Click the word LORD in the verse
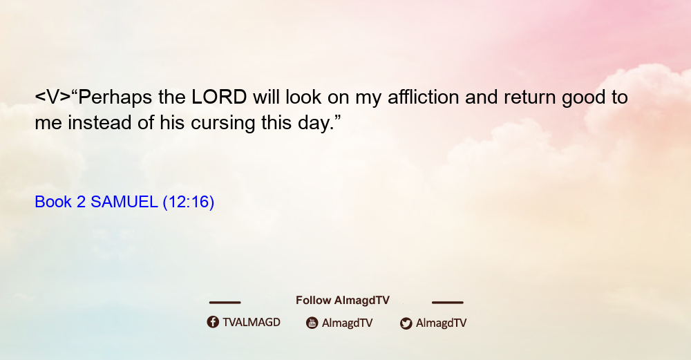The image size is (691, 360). pos(219,97)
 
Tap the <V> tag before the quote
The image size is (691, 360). pos(53,97)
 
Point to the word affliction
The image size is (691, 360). pos(423,97)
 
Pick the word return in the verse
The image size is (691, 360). pos(530,97)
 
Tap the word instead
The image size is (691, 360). pos(100,122)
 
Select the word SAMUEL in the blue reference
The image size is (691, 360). pos(124,202)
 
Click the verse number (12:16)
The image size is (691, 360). pos(189,202)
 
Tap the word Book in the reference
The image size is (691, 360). pos(53,202)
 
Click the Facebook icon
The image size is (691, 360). pos(213,322)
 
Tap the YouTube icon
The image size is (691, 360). pos(312,323)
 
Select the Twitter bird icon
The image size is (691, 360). pos(406,323)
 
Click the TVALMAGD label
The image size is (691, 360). pos(252,322)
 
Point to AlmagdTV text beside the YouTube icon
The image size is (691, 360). pos(348,323)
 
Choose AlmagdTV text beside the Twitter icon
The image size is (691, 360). pos(441,323)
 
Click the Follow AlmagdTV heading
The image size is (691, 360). pos(343,300)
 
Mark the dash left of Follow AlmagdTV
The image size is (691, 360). pos(225,302)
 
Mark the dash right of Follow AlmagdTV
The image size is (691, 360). pos(448,302)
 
